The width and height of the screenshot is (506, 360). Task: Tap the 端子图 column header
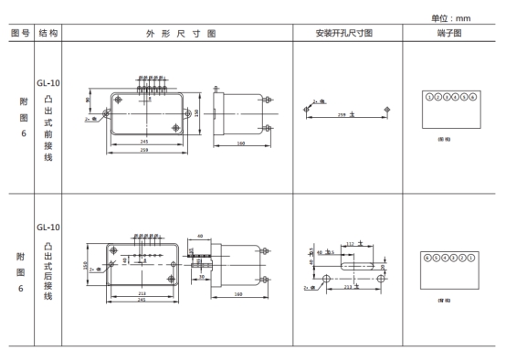coord(453,33)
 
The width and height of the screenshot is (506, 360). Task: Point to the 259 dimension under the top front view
coord(143,150)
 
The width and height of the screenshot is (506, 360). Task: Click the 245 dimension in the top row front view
coord(143,142)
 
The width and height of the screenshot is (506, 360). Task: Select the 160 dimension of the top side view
coord(241,143)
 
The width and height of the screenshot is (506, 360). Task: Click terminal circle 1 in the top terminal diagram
coord(429,96)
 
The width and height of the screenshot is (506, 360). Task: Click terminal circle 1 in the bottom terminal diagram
coord(471,258)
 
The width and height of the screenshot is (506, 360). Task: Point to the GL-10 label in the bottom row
coord(48,227)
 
